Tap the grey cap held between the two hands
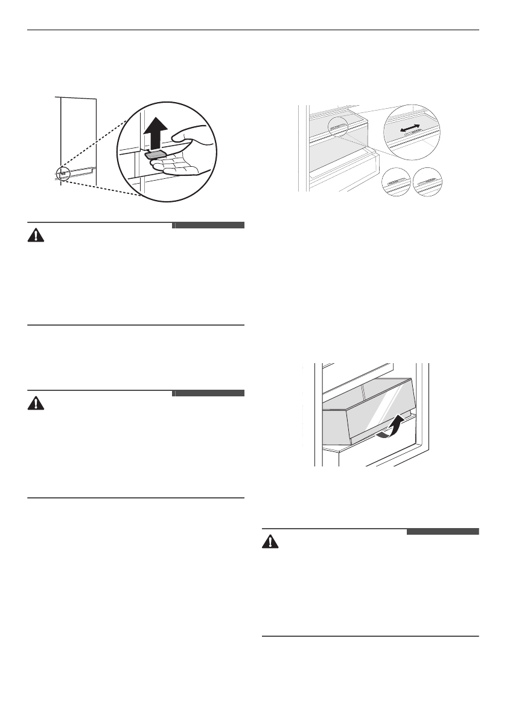(x=155, y=155)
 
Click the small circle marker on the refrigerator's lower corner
(x=63, y=174)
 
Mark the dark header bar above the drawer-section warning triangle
(x=442, y=532)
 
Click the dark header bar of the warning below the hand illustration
(x=208, y=225)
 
